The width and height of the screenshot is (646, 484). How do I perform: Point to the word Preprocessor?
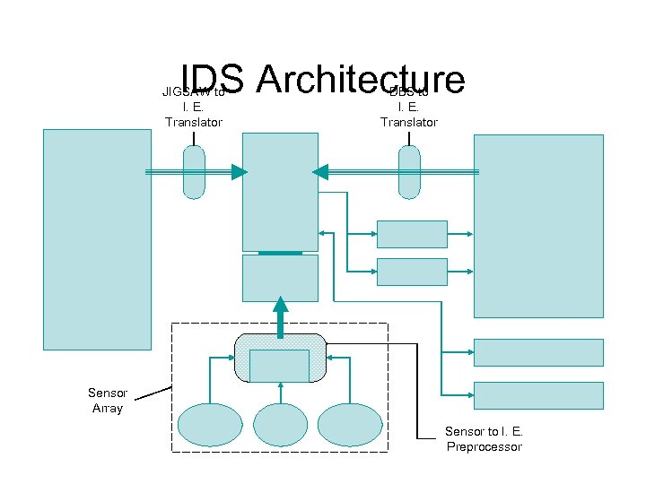pos(484,446)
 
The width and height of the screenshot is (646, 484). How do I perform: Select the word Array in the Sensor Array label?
pos(108,408)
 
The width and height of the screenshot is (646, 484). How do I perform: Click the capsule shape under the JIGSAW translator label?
pos(194,172)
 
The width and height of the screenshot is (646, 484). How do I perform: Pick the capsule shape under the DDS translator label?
pos(409,172)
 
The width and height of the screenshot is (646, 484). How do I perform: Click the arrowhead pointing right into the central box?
pos(238,172)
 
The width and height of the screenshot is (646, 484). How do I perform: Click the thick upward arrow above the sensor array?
pos(281,315)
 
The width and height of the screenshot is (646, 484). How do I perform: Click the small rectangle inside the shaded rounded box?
pos(279,366)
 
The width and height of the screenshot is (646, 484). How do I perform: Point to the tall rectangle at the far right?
pos(538,225)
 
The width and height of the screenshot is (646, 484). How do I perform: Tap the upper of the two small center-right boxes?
pos(412,234)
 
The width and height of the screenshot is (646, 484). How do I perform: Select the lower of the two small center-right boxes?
pos(412,272)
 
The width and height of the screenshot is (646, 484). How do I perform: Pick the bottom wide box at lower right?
pos(538,395)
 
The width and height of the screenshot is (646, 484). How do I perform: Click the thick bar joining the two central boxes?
pos(280,253)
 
